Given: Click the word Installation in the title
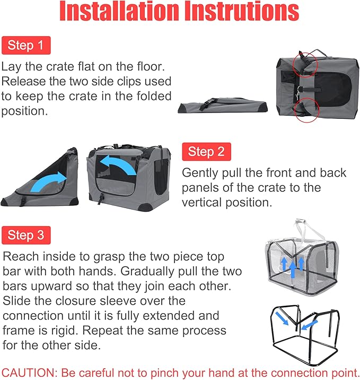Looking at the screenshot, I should pyautogui.click(x=112, y=13).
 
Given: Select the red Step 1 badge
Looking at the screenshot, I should pyautogui.click(x=25, y=45).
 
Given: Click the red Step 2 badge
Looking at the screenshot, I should pyautogui.click(x=206, y=152).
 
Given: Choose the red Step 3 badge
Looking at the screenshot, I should pyautogui.click(x=25, y=235).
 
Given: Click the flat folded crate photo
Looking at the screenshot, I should pyautogui.click(x=223, y=104).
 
